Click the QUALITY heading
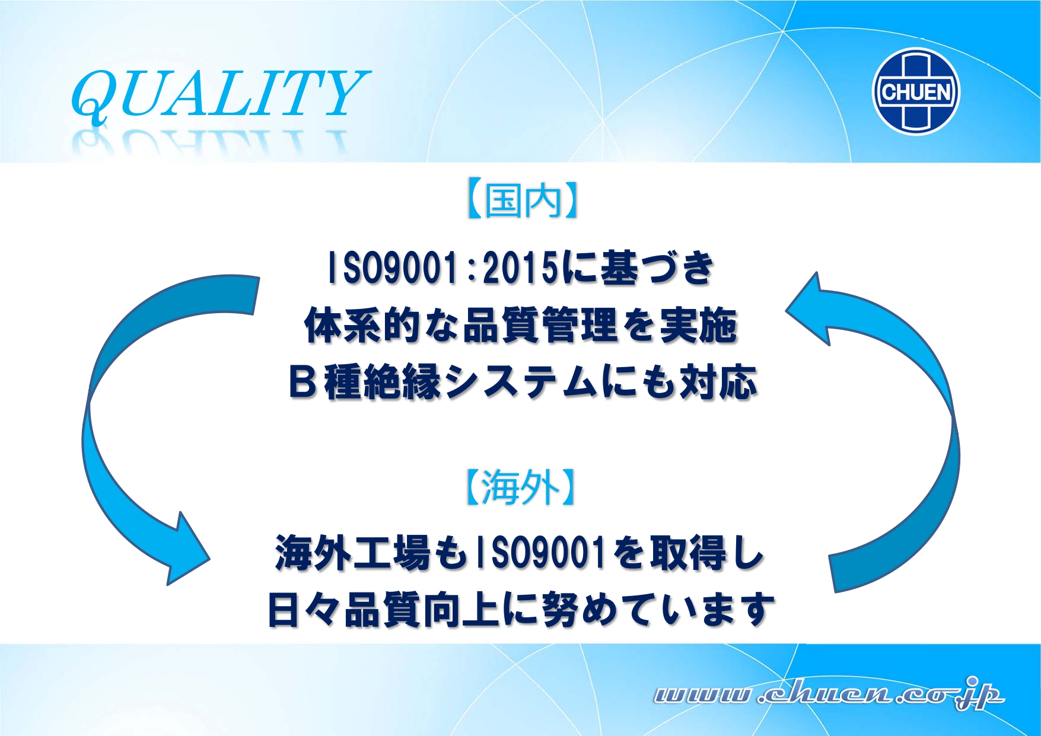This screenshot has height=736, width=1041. (219, 93)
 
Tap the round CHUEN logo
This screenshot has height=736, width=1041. (916, 92)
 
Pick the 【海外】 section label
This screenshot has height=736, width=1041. (520, 488)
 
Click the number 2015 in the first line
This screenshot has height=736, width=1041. (521, 267)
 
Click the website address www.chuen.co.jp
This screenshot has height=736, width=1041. (829, 694)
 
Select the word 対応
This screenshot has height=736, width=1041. (718, 382)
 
